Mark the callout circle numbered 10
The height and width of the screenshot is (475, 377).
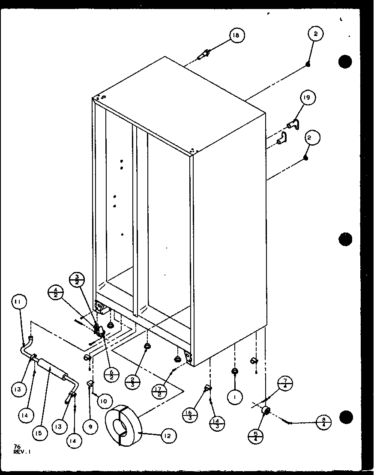pos(105,401)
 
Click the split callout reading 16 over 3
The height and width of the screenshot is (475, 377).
pos(188,415)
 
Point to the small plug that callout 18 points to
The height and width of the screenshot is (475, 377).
pos(204,54)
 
